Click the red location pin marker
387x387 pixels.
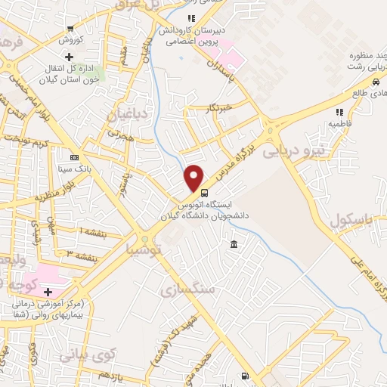pyautogui.click(x=194, y=178)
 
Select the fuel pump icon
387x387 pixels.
pyautogui.click(x=244, y=376)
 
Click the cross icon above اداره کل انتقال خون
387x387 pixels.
pyautogui.click(x=69, y=57)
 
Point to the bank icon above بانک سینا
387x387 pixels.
pyautogui.click(x=73, y=157)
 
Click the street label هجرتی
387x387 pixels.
pyautogui.click(x=119, y=134)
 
